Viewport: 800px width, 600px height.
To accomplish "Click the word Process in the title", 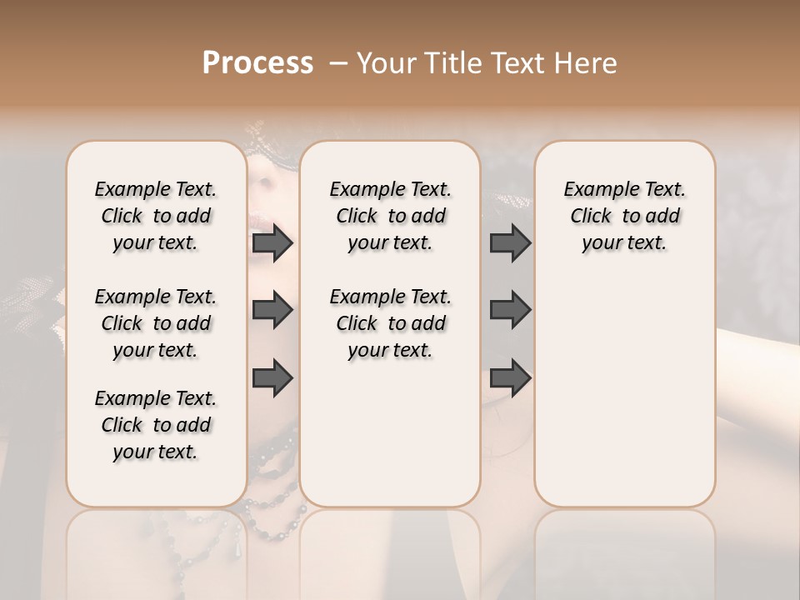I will (257, 62).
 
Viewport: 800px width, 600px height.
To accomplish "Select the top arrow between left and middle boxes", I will (272, 242).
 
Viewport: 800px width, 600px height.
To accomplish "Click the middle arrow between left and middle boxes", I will (272, 310).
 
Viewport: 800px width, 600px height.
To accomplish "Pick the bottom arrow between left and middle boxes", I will (272, 377).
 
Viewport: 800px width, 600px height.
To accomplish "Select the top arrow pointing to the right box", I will (510, 242).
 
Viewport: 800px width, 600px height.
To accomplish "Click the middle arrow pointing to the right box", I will (510, 310).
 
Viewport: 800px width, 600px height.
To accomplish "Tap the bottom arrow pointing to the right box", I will (510, 377).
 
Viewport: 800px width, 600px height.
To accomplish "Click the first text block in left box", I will (156, 216).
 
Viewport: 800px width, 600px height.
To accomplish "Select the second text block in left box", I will (156, 323).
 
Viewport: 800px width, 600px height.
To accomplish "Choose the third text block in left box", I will (156, 425).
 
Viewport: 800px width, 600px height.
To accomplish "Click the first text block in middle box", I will (390, 216).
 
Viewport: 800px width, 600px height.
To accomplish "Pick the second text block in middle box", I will (390, 323).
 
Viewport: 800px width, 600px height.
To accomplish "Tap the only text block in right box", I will (624, 216).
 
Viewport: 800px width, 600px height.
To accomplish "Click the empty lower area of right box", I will (624, 400).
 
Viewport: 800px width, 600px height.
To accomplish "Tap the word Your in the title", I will (386, 63).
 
